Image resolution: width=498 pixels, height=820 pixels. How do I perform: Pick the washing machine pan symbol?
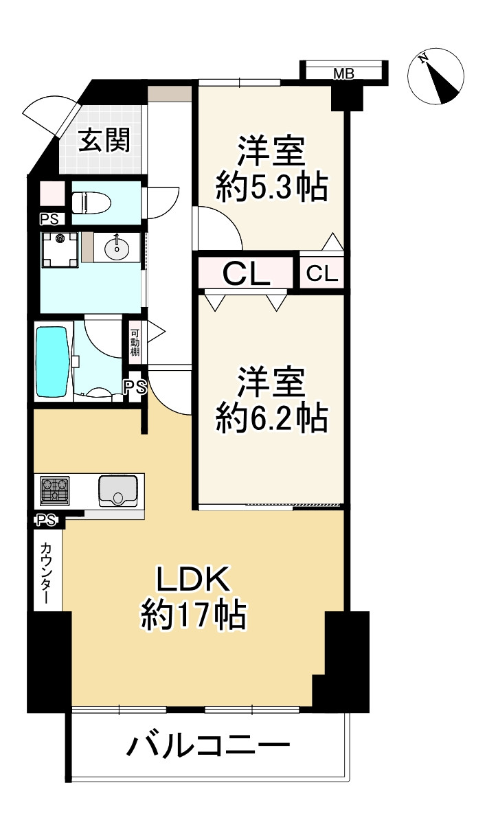coord(60,250)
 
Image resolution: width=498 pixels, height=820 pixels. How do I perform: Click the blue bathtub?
coord(52,361)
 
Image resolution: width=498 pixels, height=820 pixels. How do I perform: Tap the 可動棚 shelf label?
coord(135,341)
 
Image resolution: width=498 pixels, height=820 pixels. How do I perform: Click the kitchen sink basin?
coord(119,491)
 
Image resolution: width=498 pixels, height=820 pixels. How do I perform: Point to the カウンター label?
coord(46,573)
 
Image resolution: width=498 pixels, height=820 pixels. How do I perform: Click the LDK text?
coord(194,582)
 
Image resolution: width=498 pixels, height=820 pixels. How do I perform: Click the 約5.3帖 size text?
coord(271,187)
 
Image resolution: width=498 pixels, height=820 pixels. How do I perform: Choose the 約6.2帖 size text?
coord(271,417)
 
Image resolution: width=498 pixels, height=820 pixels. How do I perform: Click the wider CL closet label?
coord(245,275)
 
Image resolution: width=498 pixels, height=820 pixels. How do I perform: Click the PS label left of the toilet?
coord(49,220)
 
